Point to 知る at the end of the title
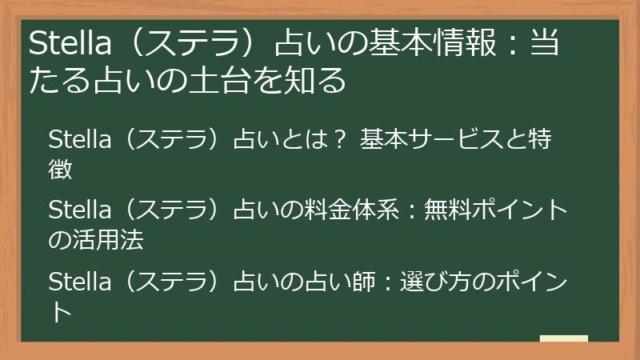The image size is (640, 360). (x=327, y=81)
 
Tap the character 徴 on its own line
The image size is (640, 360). (x=61, y=169)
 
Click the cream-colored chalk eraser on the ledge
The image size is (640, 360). (x=563, y=338)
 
